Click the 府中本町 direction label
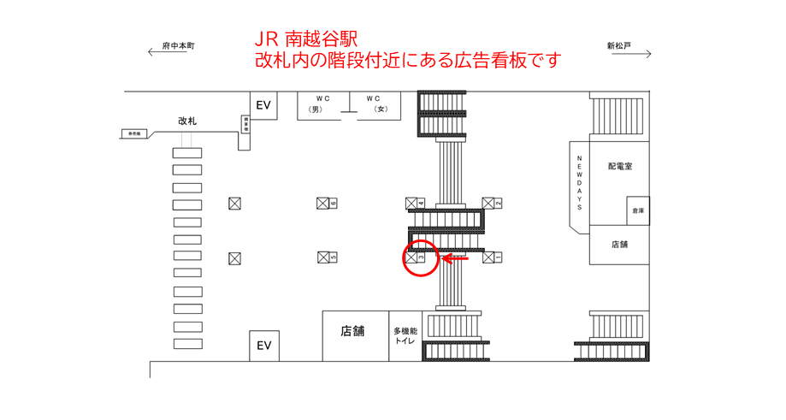click(178, 46)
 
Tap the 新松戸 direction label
click(618, 46)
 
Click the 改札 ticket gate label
click(187, 121)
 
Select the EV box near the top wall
click(263, 105)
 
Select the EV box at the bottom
click(263, 346)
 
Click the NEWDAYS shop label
click(579, 183)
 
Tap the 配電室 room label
click(620, 167)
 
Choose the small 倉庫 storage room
click(637, 210)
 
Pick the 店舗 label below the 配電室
click(619, 245)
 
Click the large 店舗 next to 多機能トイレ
click(352, 331)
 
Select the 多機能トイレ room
click(405, 335)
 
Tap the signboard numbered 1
click(492, 257)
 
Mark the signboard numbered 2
click(492, 204)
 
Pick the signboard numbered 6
click(326, 204)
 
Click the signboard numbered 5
click(326, 257)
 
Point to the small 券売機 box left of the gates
click(134, 133)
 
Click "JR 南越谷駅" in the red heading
click(304, 39)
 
